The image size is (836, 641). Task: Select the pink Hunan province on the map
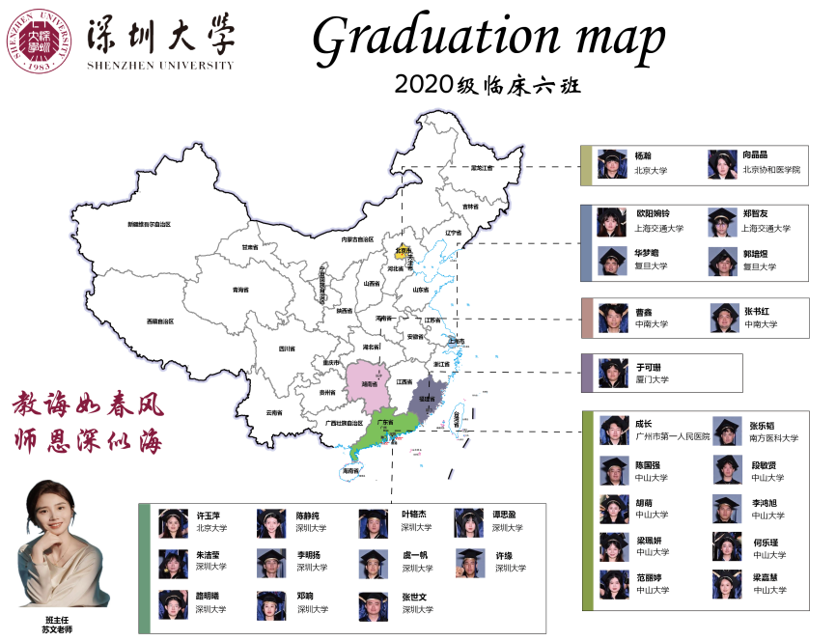click(367, 380)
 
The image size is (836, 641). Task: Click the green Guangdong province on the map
click(380, 435)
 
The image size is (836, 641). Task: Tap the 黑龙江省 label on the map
click(476, 167)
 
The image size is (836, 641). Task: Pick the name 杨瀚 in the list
click(643, 155)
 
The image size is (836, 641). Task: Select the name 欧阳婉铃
click(653, 213)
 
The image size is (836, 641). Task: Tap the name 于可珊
click(646, 367)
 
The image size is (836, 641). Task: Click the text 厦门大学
click(652, 380)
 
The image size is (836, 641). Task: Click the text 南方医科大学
click(773, 437)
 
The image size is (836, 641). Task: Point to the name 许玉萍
click(209, 515)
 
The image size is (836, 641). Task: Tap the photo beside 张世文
click(374, 604)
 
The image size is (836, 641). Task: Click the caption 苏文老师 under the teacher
click(57, 629)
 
